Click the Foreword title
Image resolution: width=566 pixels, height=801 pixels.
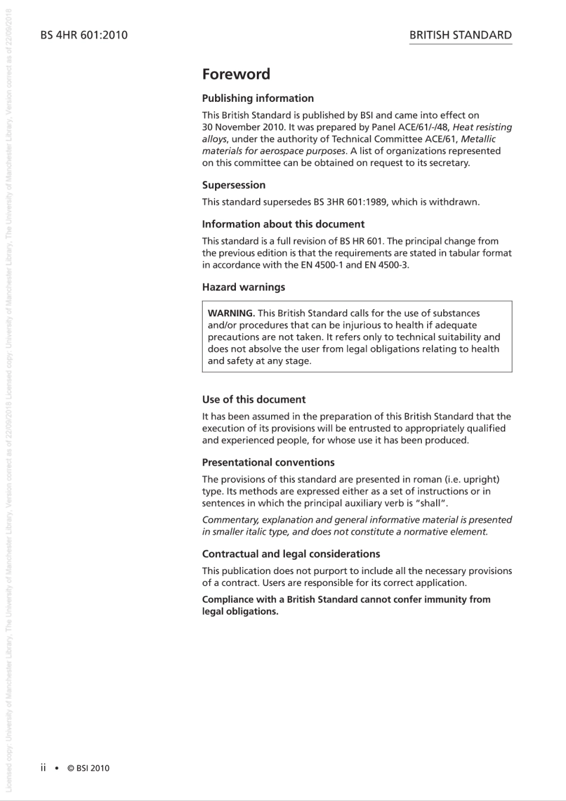[236, 74]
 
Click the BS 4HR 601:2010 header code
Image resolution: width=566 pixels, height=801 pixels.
[84, 35]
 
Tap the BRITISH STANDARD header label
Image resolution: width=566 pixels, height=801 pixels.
[460, 35]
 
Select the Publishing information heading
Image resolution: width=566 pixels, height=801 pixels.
[257, 98]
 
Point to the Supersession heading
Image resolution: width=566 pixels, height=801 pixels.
[234, 185]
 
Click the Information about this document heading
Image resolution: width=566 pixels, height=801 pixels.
[283, 225]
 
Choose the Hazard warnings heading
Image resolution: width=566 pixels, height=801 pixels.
[243, 287]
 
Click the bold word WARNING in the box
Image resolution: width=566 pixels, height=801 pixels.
[231, 313]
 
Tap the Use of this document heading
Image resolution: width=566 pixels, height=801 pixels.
[253, 400]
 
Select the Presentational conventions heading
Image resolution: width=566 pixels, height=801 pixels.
[268, 463]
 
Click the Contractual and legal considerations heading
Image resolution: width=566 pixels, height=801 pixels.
[291, 554]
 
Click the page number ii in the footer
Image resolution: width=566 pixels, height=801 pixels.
[43, 768]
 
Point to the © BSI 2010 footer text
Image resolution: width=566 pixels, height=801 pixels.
[88, 768]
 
